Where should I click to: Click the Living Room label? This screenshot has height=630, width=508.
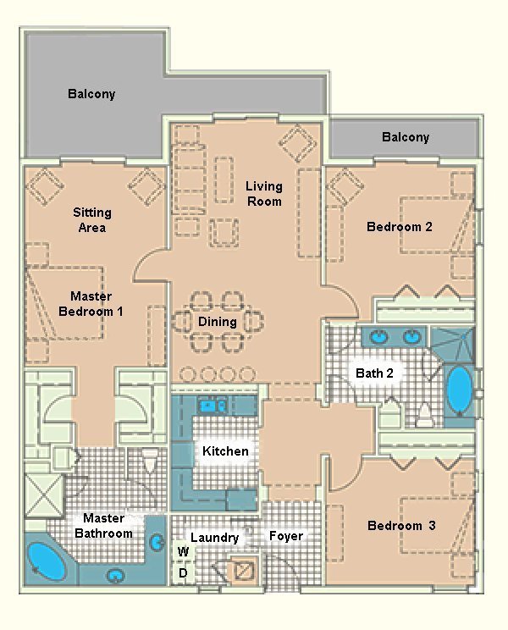tap(264, 194)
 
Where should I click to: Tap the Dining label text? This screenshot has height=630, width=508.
tap(218, 322)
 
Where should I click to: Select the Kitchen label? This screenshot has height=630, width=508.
tap(225, 451)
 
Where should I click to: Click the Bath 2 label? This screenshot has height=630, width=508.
tap(374, 373)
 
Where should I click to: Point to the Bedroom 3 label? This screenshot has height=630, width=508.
tap(401, 526)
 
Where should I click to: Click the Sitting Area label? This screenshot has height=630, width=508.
tap(91, 220)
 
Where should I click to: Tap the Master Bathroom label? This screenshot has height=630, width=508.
tap(103, 526)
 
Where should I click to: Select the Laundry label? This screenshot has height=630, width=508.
tap(214, 538)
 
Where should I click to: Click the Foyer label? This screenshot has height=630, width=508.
tap(286, 536)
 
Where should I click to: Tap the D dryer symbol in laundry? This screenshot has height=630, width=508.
tap(183, 573)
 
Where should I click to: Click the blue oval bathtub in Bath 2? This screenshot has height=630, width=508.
tap(460, 390)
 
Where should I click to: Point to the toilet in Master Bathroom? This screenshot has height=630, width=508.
tap(151, 461)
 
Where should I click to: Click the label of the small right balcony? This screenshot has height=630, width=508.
tap(405, 137)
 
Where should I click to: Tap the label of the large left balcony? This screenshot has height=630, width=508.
tap(91, 94)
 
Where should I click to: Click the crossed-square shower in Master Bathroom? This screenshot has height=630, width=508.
tap(42, 494)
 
